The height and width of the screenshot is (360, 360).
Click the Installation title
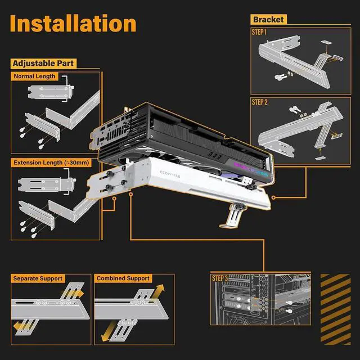73,24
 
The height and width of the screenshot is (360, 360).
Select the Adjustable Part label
43,63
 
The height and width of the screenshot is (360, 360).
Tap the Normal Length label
35,76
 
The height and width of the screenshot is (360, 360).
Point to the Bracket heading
269,20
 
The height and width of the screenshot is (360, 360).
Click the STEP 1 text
260,33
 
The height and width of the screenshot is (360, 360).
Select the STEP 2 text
260,102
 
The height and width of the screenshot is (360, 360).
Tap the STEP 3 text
219,278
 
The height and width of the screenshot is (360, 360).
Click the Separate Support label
38,278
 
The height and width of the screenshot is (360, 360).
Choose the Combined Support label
123,278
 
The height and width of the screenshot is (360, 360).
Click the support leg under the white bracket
231,217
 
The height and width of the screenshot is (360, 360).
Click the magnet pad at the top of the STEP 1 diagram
328,43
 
